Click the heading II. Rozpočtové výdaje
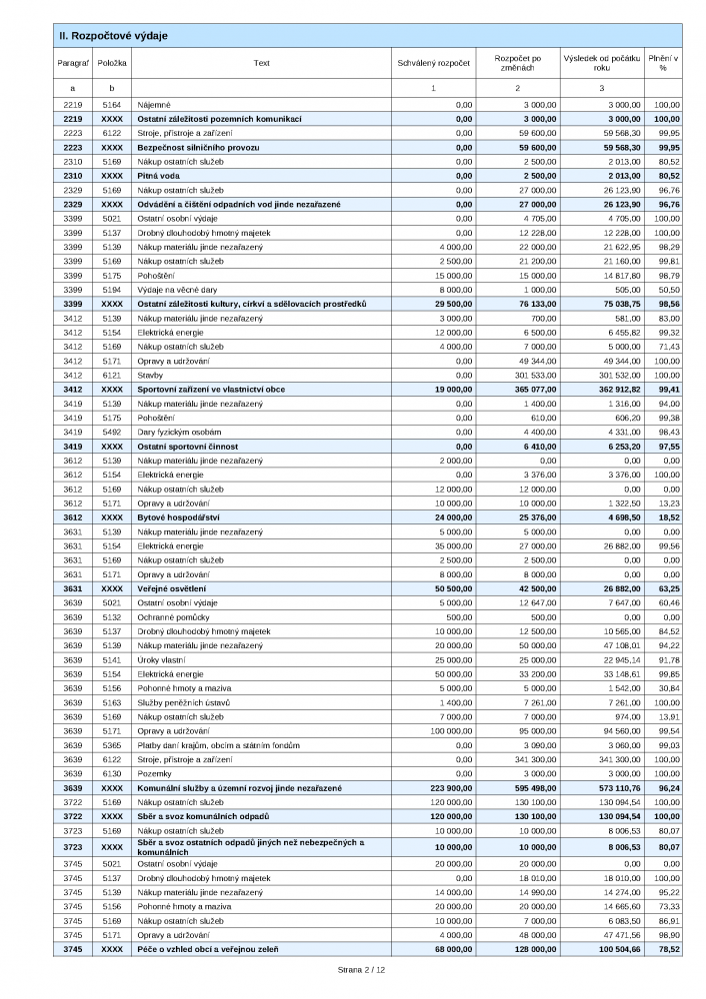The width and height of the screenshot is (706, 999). point(113,36)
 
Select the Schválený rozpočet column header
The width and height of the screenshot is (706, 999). point(433,63)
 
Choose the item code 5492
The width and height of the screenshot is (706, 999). point(112,432)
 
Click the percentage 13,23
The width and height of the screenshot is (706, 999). point(667,503)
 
